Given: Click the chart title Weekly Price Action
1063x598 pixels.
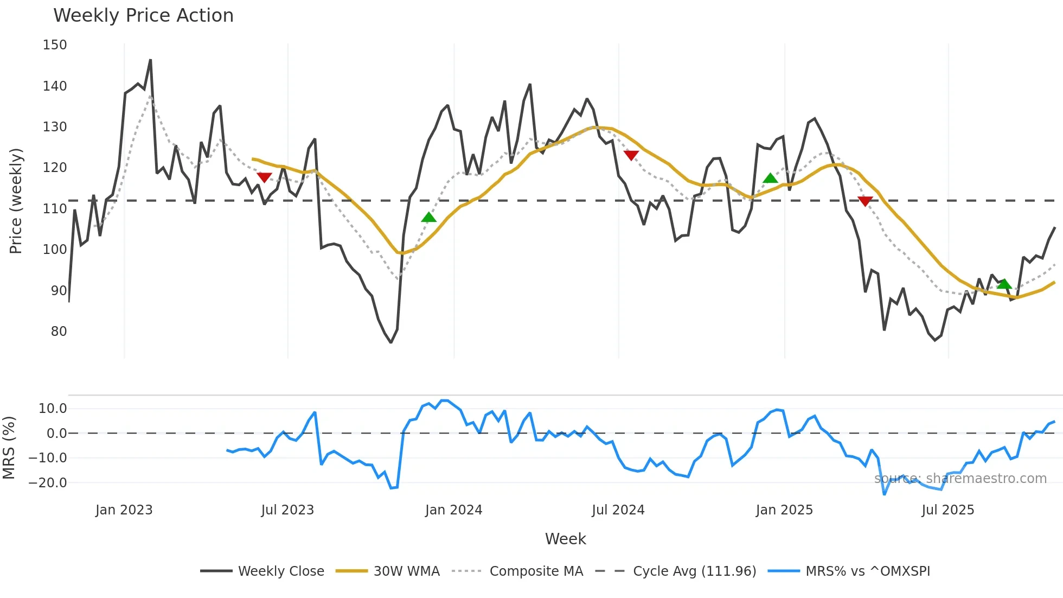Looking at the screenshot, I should pos(143,16).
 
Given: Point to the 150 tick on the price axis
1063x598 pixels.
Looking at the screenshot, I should pos(55,45).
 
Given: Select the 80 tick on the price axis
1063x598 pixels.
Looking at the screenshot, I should pos(59,332).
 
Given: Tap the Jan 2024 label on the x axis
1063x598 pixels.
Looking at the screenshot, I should pos(453,510).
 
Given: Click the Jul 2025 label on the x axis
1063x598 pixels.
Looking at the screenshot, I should pos(947,510).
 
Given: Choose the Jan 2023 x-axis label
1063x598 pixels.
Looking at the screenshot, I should pos(124,510).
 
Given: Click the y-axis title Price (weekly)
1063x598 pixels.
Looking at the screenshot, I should pos(16,201).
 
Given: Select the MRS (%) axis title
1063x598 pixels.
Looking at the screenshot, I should pos(9,448).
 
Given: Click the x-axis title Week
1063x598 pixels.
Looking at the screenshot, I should pos(565,539).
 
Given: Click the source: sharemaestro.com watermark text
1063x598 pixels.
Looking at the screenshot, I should pos(960,479).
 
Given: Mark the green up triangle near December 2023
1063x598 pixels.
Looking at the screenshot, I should pos(428,218).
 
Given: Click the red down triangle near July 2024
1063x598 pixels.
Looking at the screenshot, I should pos(631,155).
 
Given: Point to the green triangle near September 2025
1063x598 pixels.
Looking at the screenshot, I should pos(1004,284).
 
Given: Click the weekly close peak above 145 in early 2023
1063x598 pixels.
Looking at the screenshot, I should pos(150,60).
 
